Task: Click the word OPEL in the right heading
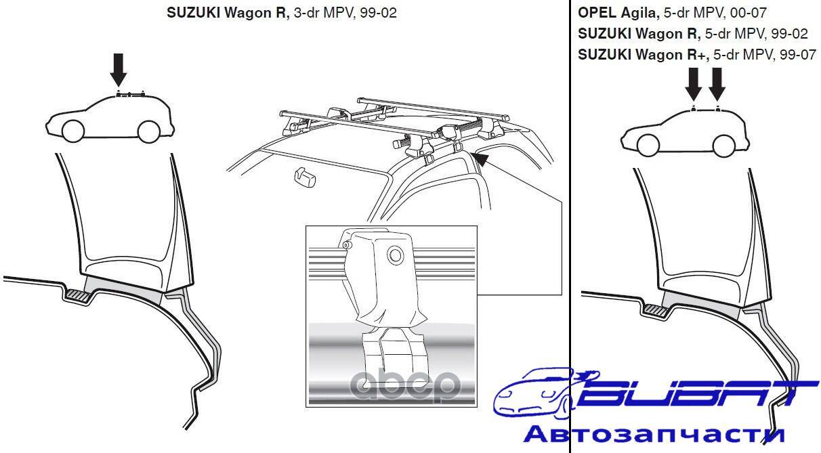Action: pos(597,13)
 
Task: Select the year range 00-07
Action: pos(748,13)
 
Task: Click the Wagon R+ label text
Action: pos(671,55)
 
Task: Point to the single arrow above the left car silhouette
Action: pos(119,70)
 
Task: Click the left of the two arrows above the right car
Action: pos(694,84)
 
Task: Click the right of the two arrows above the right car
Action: pos(717,84)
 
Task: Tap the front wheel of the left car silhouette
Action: pos(73,131)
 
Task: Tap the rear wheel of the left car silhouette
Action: pos(148,131)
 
